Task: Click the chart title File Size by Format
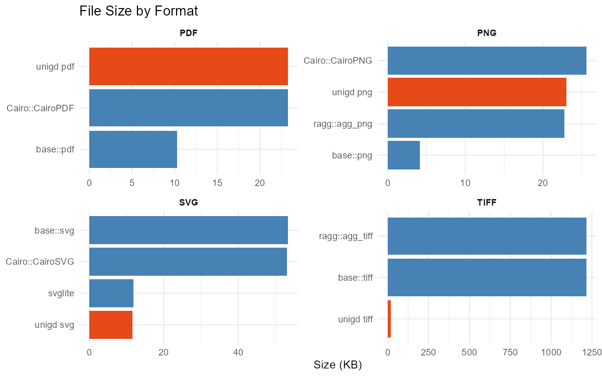click(138, 11)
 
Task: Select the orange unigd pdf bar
click(188, 66)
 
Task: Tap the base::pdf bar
click(133, 149)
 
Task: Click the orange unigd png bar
click(477, 92)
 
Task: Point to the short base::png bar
click(403, 155)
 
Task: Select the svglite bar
click(111, 293)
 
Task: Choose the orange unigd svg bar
click(110, 324)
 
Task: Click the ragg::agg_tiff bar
click(487, 236)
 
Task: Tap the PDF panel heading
click(189, 34)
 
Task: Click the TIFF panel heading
click(487, 203)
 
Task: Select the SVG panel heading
click(189, 203)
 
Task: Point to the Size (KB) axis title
click(337, 365)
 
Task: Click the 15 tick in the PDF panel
click(217, 183)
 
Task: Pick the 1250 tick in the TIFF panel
click(591, 352)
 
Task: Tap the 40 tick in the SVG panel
click(238, 352)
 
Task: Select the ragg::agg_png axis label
click(345, 124)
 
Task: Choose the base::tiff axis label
click(355, 277)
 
